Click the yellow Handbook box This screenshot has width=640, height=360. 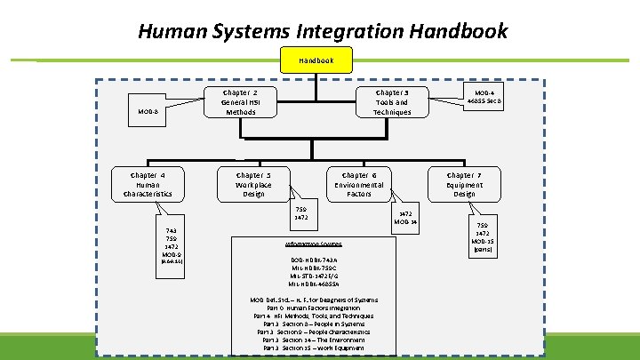[x=316, y=60]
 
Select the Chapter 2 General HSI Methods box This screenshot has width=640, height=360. [x=241, y=102]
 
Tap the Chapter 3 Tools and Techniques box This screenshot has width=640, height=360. [x=392, y=102]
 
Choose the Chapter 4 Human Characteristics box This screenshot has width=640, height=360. [x=148, y=185]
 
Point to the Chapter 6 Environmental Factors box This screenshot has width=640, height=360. [x=359, y=185]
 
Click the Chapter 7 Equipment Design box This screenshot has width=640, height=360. [x=464, y=185]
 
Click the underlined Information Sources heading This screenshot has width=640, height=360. [x=313, y=243]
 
